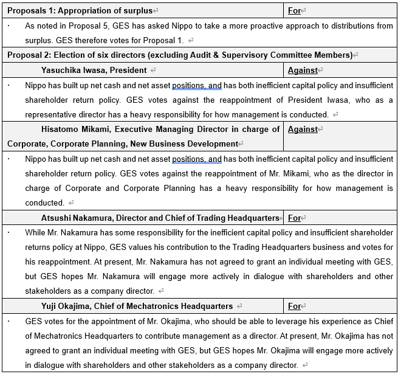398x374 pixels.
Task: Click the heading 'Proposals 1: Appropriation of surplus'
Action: (x=80, y=11)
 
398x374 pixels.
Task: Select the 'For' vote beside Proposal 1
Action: (x=294, y=11)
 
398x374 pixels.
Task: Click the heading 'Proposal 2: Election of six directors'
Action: (x=179, y=55)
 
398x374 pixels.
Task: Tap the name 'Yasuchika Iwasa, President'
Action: (x=94, y=70)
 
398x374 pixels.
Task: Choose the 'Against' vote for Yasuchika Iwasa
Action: (x=303, y=70)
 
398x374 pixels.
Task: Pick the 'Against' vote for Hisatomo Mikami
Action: (x=303, y=129)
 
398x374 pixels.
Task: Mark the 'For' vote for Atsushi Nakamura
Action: (x=294, y=218)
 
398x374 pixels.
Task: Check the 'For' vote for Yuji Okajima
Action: (x=294, y=306)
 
